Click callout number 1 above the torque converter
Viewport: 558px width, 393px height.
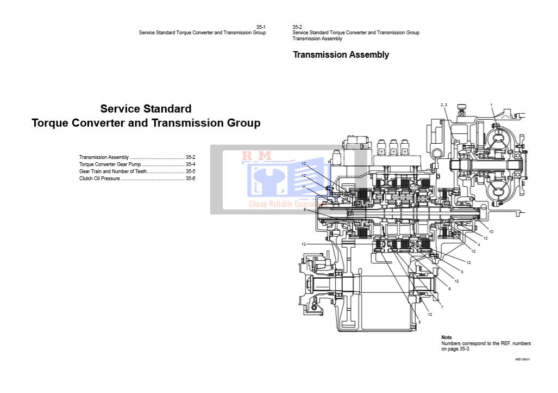coord(491,105)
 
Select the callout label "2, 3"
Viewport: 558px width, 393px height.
coord(443,105)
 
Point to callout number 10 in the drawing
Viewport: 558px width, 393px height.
coord(491,232)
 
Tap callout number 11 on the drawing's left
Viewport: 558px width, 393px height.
coord(304,187)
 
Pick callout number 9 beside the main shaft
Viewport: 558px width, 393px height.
coord(305,210)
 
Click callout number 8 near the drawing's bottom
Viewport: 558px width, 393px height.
coord(419,322)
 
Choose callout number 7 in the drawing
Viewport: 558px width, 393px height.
coord(442,308)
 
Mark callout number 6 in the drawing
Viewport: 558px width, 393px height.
coord(449,288)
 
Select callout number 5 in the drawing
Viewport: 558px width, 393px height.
coord(462,272)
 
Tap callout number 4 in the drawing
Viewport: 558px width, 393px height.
coord(479,244)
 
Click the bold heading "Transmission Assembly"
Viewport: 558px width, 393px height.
coord(341,55)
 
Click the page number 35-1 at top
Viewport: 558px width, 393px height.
coord(261,27)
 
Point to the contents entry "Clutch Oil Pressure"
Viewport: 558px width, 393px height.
coord(99,179)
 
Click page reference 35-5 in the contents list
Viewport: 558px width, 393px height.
coord(190,171)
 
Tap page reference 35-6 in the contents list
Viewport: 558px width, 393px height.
coord(190,179)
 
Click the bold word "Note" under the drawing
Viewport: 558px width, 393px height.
coord(447,337)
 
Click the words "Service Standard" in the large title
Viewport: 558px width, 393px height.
coord(146,109)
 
